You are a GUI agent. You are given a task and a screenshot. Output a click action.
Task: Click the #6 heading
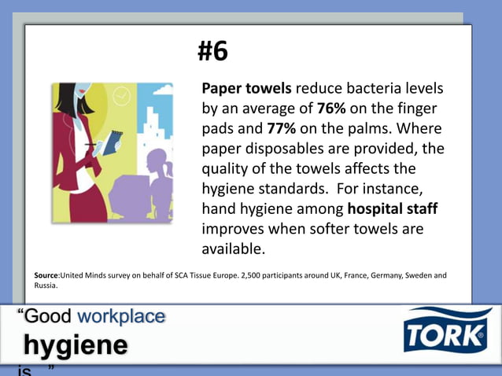pos(212,52)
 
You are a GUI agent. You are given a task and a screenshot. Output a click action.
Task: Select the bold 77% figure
pos(281,128)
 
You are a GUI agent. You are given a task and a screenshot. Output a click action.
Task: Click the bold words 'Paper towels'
pos(246,88)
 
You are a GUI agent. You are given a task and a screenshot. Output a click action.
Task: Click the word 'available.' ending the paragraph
pos(234,249)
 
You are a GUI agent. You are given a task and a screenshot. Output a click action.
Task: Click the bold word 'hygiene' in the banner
pos(75,345)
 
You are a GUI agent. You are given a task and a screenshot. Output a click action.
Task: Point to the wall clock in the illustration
pos(121,97)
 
